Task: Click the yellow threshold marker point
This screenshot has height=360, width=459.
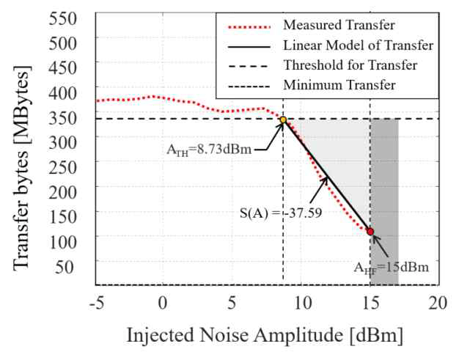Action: pos(283,120)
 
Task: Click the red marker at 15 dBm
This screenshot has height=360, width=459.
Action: pos(370,232)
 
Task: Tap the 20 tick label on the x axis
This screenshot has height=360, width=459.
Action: pos(438,304)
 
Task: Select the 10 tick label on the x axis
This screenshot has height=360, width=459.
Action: pos(301,304)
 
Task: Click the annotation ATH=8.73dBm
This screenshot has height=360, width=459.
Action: pos(209,150)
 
